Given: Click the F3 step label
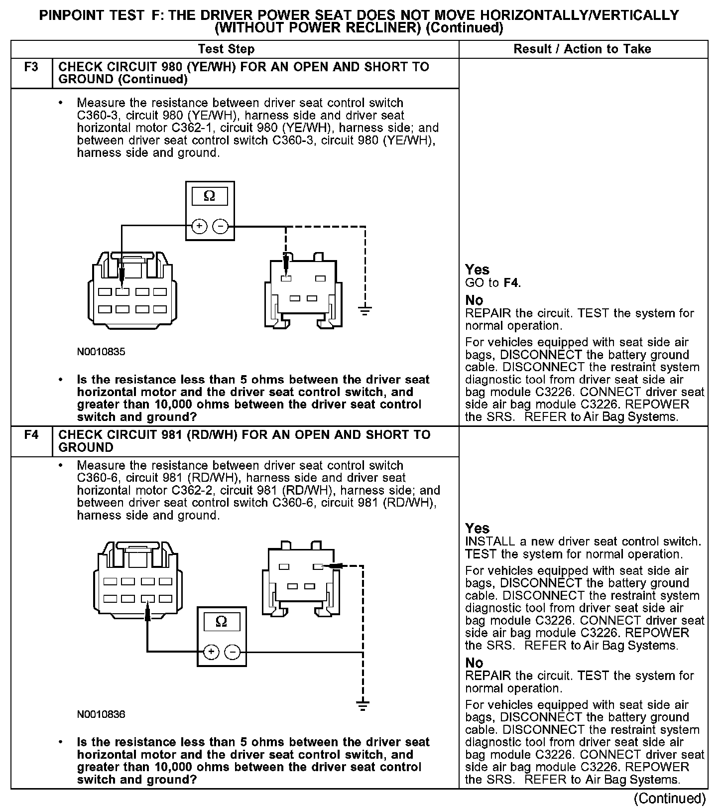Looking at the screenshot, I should click(x=31, y=67).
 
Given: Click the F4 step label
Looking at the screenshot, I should click(x=31, y=435).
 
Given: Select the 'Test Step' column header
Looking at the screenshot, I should click(x=226, y=49).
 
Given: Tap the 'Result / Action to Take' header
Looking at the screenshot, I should click(x=582, y=49).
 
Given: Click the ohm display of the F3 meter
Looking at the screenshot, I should click(x=210, y=196).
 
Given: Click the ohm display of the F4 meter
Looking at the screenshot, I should click(x=222, y=622).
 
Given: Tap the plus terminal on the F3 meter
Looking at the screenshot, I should click(x=199, y=227).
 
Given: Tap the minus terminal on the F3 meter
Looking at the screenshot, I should click(x=220, y=227).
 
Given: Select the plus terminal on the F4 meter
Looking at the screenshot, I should click(x=211, y=652).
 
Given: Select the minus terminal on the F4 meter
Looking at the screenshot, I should click(x=233, y=652).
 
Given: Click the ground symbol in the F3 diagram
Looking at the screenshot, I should click(x=365, y=311).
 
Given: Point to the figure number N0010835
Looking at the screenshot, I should click(x=101, y=352).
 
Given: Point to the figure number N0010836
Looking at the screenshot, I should click(x=101, y=714).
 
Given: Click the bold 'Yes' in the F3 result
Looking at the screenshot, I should click(x=477, y=270).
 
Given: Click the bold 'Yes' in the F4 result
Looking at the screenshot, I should click(x=477, y=528).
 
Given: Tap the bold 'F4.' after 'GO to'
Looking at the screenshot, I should click(x=512, y=283).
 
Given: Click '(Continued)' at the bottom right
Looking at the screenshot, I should click(x=670, y=799).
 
